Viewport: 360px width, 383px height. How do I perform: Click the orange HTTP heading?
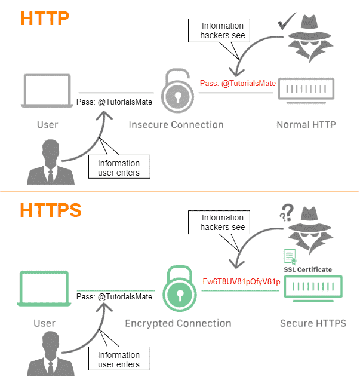click(x=45, y=18)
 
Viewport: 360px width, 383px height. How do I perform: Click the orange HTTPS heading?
click(x=51, y=211)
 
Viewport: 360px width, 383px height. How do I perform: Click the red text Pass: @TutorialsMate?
click(x=238, y=84)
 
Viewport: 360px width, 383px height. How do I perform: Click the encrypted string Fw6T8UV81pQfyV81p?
click(x=242, y=281)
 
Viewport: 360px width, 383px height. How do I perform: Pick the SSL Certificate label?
click(x=307, y=269)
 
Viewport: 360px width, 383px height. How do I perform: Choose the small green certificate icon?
click(x=290, y=256)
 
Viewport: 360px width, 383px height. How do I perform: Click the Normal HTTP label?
click(x=306, y=125)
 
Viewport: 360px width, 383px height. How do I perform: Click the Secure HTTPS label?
click(x=313, y=323)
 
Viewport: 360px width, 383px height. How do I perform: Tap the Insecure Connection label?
click(x=176, y=125)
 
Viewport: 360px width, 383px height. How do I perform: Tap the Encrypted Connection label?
click(x=178, y=323)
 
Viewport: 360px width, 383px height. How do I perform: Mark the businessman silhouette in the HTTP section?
click(x=47, y=163)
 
